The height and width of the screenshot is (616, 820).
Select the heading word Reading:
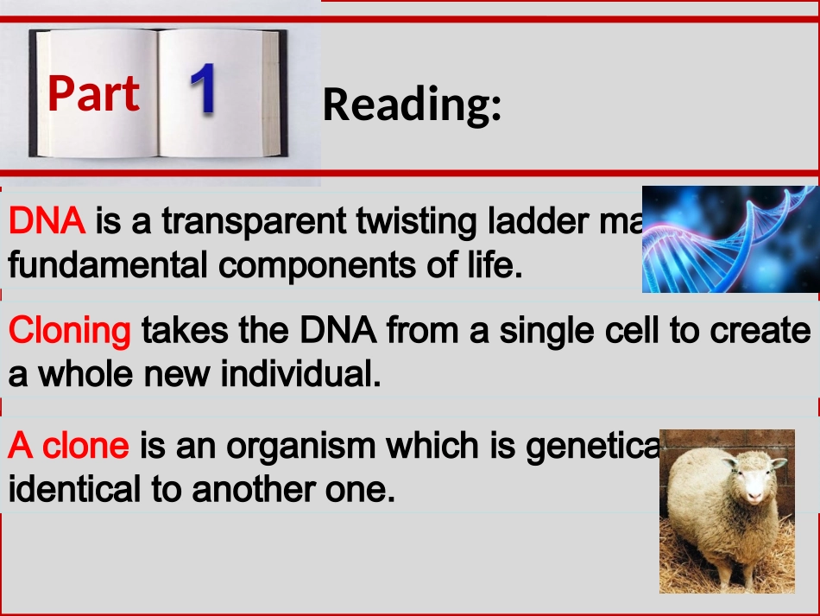pyautogui.click(x=412, y=105)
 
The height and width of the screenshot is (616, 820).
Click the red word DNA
pyautogui.click(x=47, y=222)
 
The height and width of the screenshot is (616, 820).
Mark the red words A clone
pyautogui.click(x=68, y=446)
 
